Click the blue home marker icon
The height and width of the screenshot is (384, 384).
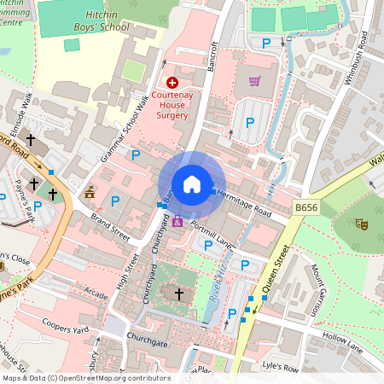click(x=192, y=184)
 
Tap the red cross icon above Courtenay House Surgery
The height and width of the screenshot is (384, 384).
click(x=172, y=83)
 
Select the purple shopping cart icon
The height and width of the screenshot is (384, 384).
click(x=254, y=82)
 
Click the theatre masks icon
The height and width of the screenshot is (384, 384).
click(x=362, y=224)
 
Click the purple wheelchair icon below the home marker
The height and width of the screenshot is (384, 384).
click(x=177, y=222)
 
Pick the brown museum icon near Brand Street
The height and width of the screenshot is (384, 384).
click(x=90, y=193)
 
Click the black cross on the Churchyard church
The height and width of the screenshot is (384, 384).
click(x=179, y=294)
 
